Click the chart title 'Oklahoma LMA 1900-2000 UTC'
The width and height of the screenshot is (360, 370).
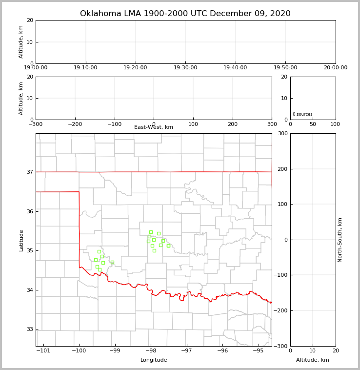click(185, 14)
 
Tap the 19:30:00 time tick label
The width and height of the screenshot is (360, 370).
click(185, 68)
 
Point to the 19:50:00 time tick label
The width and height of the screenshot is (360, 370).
click(285, 68)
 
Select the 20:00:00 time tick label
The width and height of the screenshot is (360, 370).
click(336, 68)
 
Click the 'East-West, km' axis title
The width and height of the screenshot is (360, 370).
click(154, 127)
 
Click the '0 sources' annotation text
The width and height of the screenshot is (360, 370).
click(302, 114)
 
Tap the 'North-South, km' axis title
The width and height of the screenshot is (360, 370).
click(340, 240)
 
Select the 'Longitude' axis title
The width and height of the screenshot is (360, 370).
click(154, 360)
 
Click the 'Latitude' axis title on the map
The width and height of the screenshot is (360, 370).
click(21, 240)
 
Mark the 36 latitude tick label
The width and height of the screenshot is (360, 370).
click(29, 211)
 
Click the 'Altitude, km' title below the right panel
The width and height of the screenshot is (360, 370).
click(313, 360)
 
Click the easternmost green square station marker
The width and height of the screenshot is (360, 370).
click(168, 246)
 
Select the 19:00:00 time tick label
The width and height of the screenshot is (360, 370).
click(36, 68)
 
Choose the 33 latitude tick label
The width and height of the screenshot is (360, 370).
click(29, 329)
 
